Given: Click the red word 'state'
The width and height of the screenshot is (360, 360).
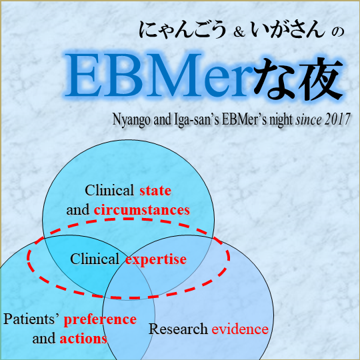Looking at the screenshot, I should coord(155,191).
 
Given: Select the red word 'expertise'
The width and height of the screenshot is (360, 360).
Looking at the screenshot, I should coord(155,259).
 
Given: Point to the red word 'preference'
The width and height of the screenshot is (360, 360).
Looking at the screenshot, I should coord(100,319).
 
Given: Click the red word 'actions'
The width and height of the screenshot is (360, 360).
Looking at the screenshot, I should coord(83,339).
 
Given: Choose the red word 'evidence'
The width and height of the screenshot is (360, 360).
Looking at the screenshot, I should coord(240,329).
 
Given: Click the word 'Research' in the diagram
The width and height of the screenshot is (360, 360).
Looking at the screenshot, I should coord(178,329).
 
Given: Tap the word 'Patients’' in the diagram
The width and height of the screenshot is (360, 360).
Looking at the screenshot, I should coord(32,319).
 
